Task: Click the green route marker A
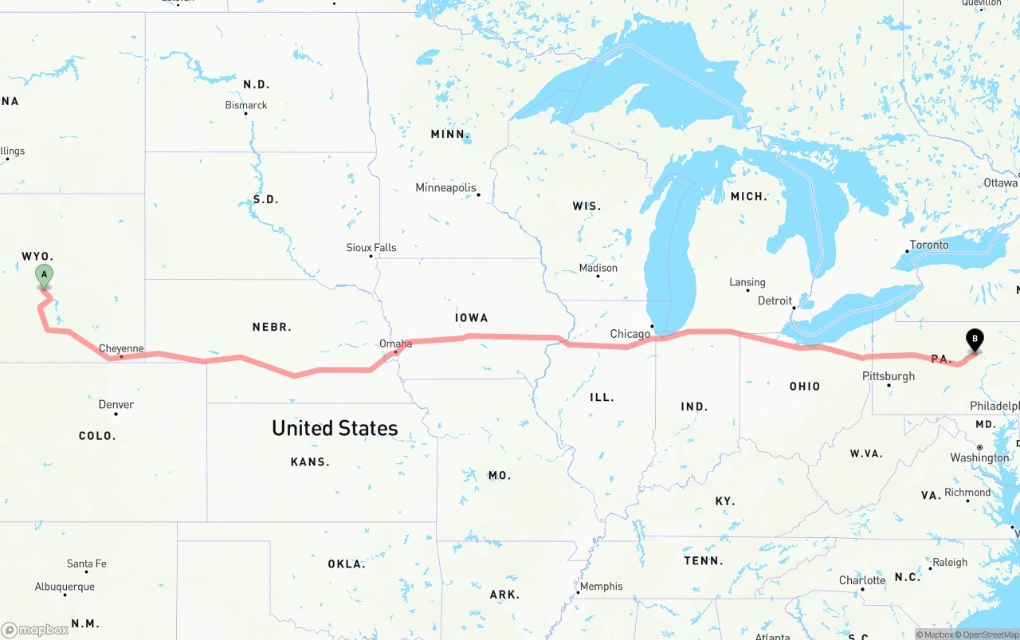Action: tap(45, 275)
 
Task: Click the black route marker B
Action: tap(974, 340)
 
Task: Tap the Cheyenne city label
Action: tap(121, 348)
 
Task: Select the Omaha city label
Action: tap(395, 344)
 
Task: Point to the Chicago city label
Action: tap(630, 333)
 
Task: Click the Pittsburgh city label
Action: tap(888, 375)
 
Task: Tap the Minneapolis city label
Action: tap(445, 187)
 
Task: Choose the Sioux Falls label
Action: tap(371, 247)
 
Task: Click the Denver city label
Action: tap(116, 404)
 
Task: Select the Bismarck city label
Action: tap(246, 104)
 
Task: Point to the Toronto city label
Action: tap(929, 245)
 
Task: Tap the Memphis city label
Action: tap(601, 586)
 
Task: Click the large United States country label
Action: tap(335, 428)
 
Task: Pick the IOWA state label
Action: tap(471, 317)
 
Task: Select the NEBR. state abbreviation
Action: tap(272, 327)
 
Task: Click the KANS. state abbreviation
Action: tap(310, 461)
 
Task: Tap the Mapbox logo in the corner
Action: tap(35, 630)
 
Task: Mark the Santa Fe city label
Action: tap(86, 563)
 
